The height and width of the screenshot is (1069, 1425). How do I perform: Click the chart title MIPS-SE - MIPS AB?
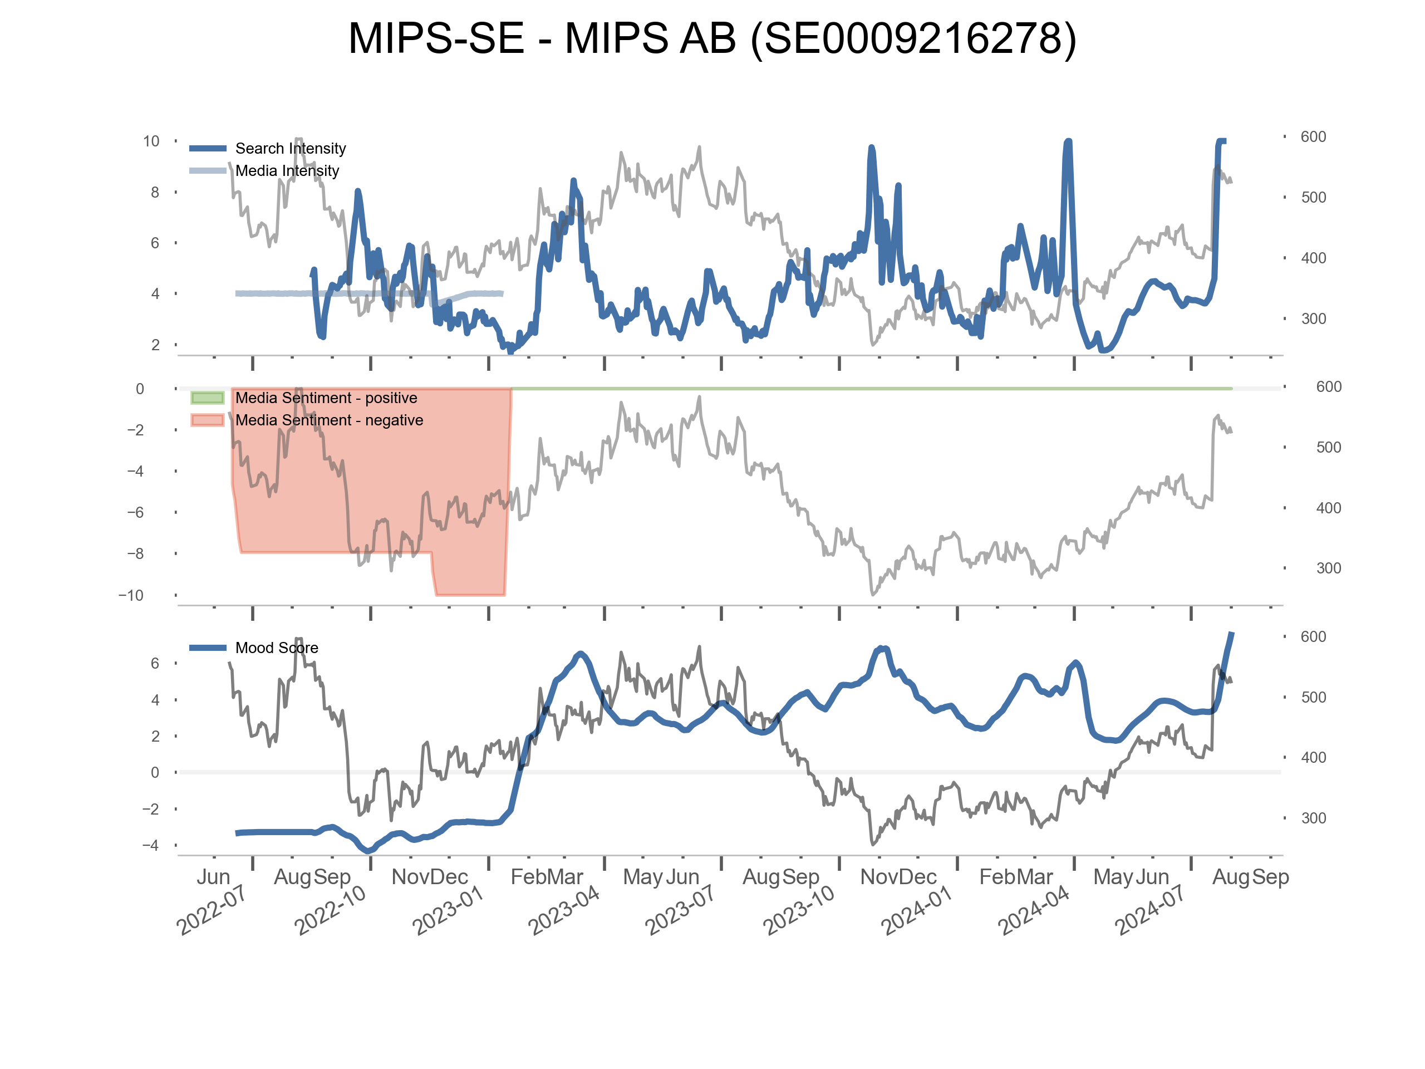tap(712, 38)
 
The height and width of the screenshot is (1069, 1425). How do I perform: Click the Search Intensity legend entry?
tap(290, 148)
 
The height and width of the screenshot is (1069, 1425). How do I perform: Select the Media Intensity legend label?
tap(287, 171)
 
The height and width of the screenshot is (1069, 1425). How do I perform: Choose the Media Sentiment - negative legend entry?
tap(328, 420)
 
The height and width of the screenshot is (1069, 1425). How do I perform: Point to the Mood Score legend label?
tap(276, 648)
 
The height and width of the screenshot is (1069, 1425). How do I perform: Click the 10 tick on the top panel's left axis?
tap(151, 141)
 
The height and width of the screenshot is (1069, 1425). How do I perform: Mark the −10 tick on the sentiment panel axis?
tap(131, 595)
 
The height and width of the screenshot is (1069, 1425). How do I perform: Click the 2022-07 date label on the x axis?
tap(212, 910)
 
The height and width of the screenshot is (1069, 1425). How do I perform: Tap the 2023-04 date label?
tap(564, 910)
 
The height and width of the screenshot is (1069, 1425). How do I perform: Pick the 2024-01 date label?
tap(917, 910)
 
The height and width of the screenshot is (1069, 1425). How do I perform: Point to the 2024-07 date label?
tap(1150, 910)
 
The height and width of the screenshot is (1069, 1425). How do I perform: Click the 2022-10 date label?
tap(330, 910)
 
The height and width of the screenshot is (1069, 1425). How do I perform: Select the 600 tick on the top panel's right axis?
tap(1313, 136)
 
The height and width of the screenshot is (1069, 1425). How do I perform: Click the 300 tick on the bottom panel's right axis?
tap(1313, 818)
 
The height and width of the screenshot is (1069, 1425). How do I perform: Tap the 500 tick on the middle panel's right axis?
tap(1328, 447)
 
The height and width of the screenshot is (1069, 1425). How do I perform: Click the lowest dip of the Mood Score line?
tap(368, 851)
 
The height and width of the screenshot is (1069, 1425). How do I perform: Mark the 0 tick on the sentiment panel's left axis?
tap(140, 389)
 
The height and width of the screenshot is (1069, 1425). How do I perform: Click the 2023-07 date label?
tap(680, 910)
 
